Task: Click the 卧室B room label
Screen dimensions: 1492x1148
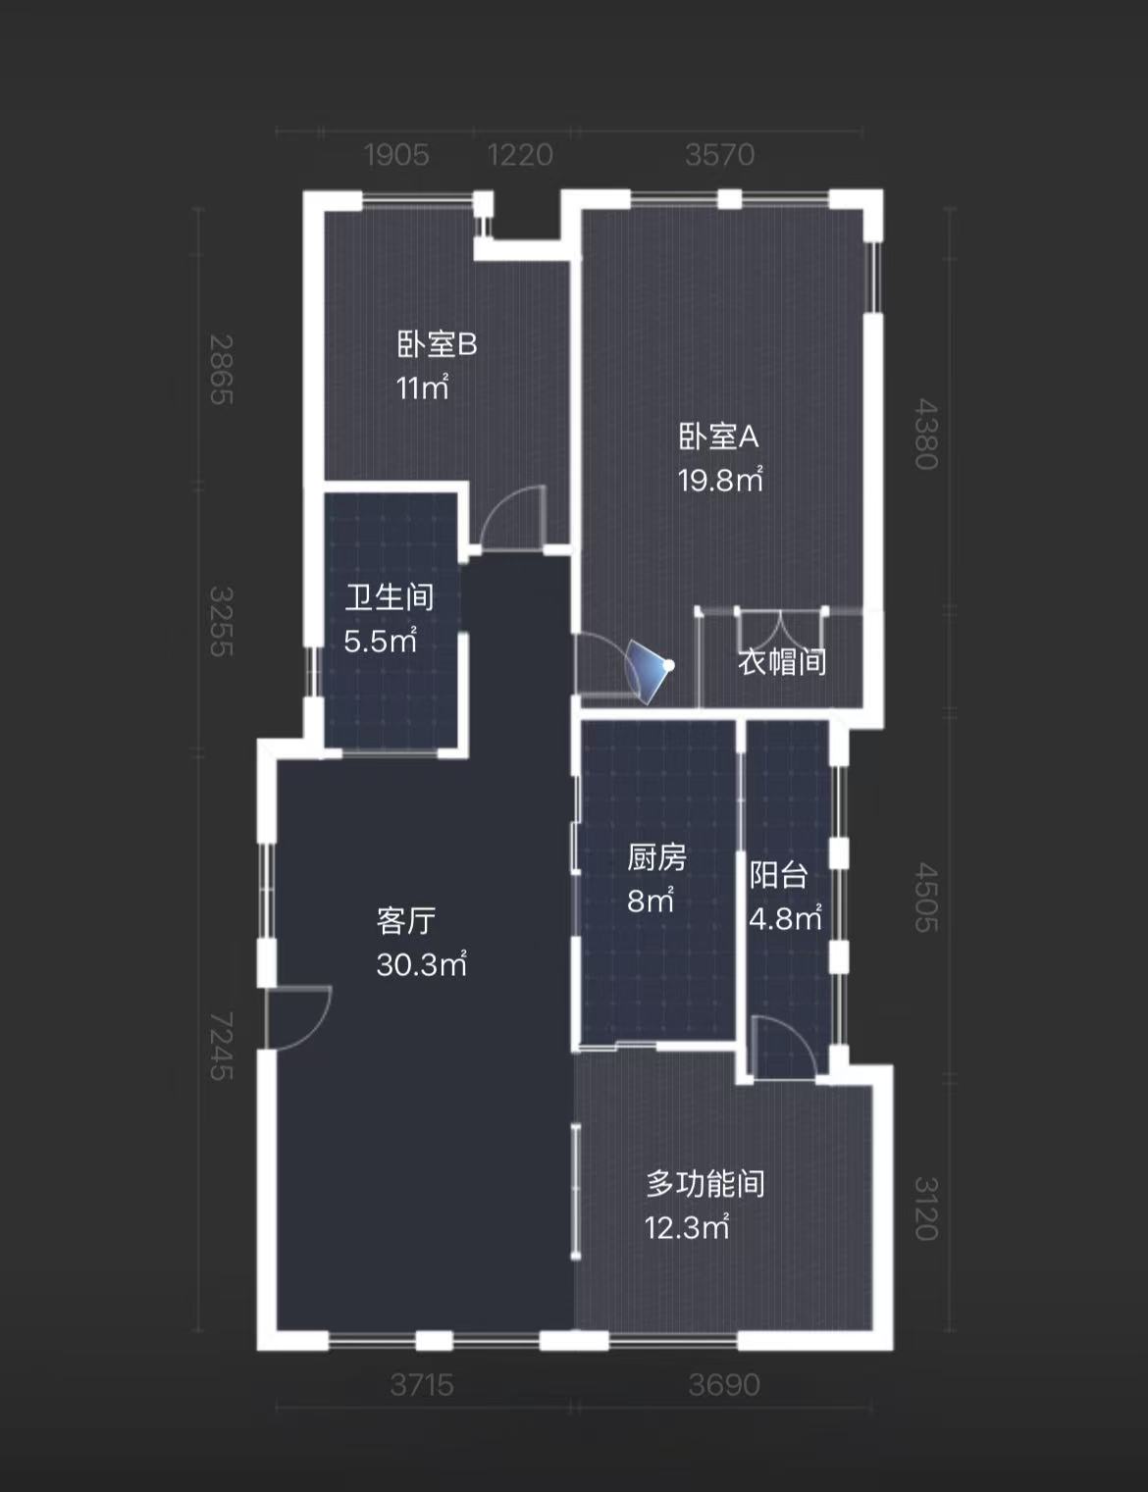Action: [437, 345]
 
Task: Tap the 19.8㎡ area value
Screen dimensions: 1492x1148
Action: [719, 480]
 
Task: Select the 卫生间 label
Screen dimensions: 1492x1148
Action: [389, 596]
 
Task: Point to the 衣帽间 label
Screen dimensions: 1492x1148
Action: [782, 662]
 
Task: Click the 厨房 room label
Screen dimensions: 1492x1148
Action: [656, 857]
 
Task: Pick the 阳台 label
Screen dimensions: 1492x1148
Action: [778, 874]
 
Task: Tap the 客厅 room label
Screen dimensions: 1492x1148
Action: [405, 920]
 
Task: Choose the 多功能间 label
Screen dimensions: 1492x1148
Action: [704, 1183]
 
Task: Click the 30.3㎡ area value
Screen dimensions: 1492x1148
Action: [421, 964]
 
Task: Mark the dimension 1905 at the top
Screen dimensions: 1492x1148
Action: [396, 155]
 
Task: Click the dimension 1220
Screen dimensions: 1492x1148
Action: [520, 155]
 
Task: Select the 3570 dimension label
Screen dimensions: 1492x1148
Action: [720, 155]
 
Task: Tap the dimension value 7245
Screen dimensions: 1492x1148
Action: [222, 1046]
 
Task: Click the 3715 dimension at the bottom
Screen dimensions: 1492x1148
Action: [422, 1384]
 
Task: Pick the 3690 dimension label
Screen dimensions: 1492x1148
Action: [724, 1384]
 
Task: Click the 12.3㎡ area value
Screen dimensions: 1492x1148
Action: [687, 1227]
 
